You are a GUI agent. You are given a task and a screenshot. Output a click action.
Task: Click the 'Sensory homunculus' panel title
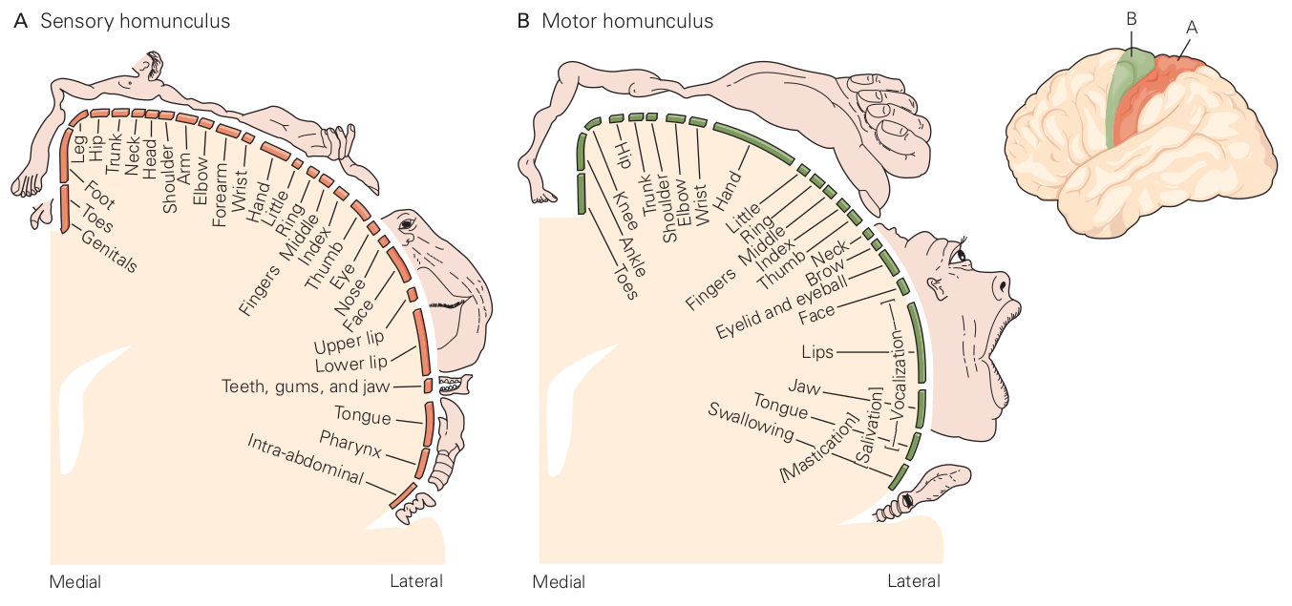point(134,21)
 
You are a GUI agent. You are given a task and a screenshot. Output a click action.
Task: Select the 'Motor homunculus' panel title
point(626,21)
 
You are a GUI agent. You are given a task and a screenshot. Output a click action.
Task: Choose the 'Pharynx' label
point(350,442)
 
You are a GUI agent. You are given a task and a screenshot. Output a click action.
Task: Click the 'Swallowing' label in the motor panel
point(751,421)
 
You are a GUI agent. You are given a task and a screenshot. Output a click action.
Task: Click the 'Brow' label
point(826,272)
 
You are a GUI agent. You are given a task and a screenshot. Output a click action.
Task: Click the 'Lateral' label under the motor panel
point(913,581)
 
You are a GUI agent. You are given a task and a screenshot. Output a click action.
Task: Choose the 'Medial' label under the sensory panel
point(75,581)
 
